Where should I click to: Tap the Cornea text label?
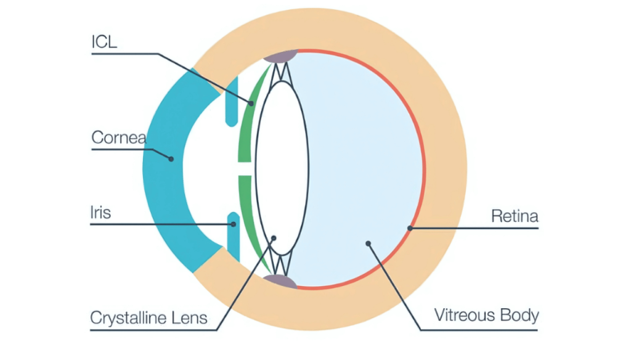pyautogui.click(x=118, y=137)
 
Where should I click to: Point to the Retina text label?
pyautogui.click(x=515, y=216)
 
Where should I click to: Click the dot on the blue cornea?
pyautogui.click(x=171, y=158)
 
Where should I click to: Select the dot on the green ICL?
pyautogui.click(x=251, y=102)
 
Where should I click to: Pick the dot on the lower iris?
pyautogui.click(x=234, y=224)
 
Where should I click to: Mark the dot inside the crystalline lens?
pyautogui.click(x=274, y=237)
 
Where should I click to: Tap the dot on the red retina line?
pyautogui.click(x=409, y=228)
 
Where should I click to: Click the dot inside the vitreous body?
pyautogui.click(x=368, y=243)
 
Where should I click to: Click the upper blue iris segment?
pyautogui.click(x=232, y=102)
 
